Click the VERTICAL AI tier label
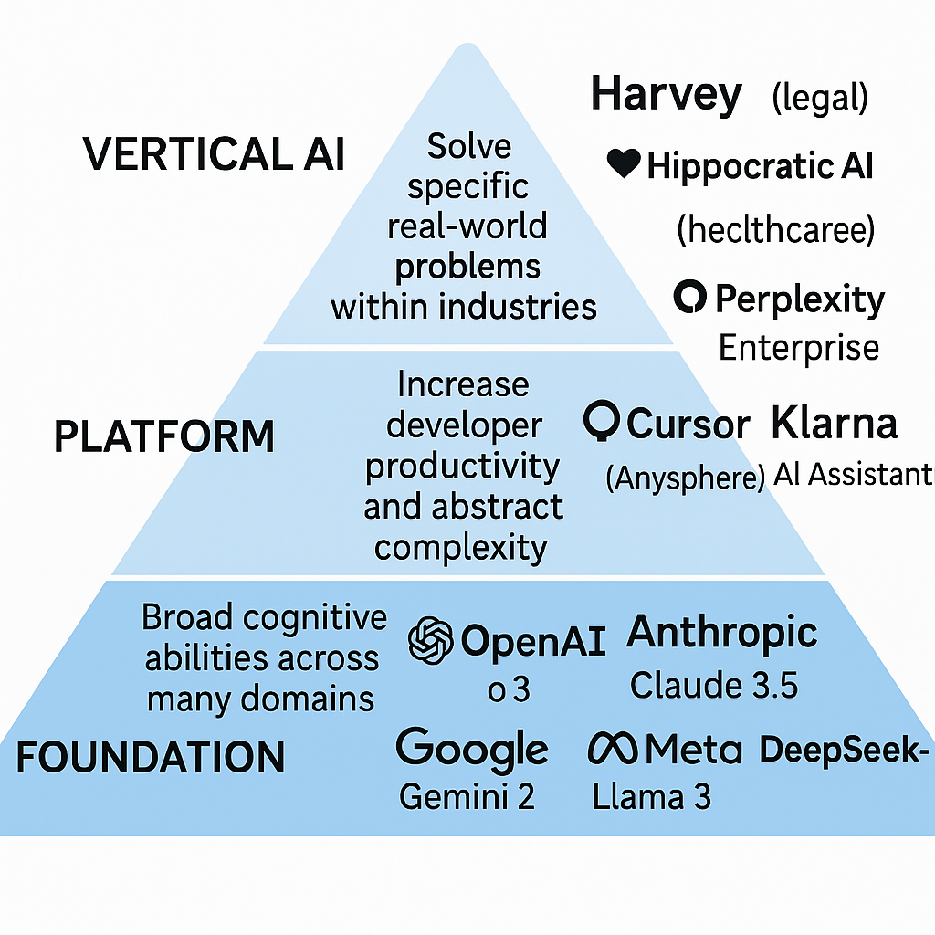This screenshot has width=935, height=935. (215, 153)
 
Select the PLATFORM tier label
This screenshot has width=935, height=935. (164, 437)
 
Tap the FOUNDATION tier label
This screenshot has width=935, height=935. (151, 758)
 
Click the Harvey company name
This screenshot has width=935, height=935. (666, 95)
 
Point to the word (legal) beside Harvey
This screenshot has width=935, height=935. (819, 99)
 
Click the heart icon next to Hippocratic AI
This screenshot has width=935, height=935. (623, 163)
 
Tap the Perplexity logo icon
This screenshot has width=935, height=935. (689, 298)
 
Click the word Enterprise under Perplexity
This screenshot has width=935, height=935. (799, 348)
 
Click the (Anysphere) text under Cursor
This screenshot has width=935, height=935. (685, 478)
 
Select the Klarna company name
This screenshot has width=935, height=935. (834, 423)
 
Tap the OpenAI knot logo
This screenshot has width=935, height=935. (431, 640)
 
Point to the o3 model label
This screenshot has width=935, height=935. (509, 689)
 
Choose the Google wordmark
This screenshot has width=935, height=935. (472, 749)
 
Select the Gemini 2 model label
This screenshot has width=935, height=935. (467, 797)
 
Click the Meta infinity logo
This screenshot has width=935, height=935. (614, 750)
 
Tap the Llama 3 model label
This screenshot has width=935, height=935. (651, 797)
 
